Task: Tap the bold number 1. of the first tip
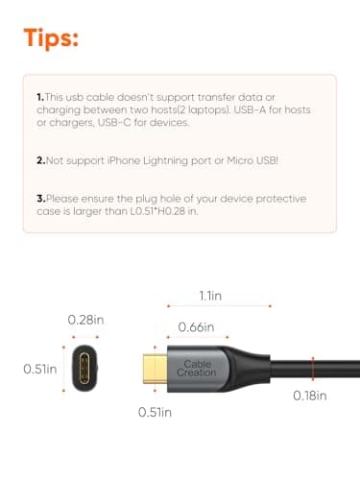pyautogui.click(x=40, y=98)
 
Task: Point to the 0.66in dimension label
pyautogui.click(x=197, y=328)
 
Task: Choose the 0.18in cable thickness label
pyautogui.click(x=309, y=395)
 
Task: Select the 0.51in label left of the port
pyautogui.click(x=39, y=368)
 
